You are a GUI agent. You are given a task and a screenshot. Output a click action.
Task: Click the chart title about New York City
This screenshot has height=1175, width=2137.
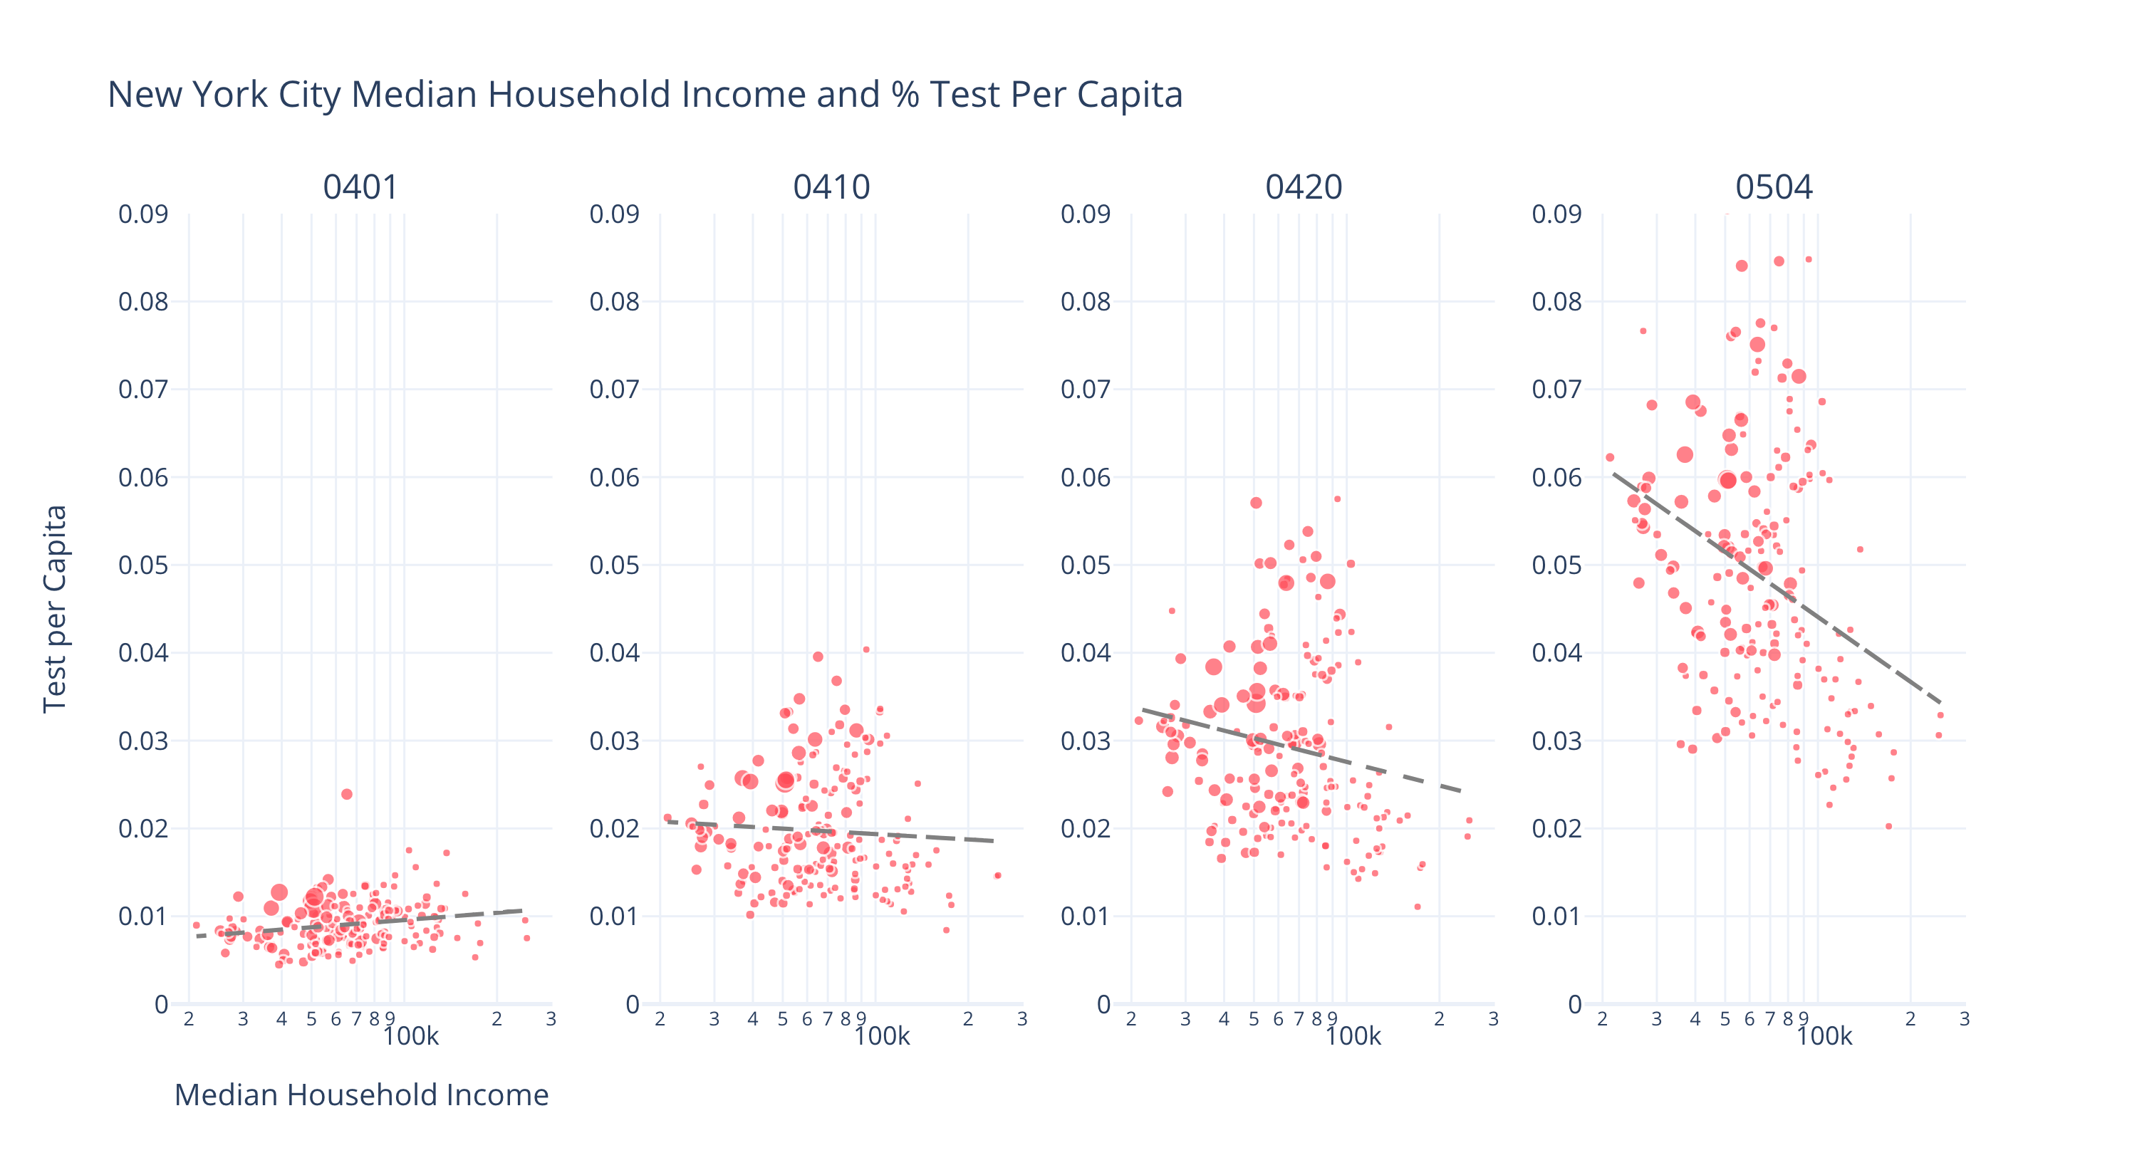coord(645,95)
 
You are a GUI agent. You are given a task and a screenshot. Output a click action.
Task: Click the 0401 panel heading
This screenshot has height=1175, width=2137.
coord(360,187)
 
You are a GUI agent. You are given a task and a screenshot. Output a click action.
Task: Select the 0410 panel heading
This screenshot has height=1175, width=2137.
coord(831,187)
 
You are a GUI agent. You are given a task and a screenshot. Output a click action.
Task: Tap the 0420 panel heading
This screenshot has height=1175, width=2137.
coord(1304,187)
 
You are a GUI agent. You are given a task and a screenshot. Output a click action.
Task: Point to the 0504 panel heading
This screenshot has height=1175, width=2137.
coord(1774,187)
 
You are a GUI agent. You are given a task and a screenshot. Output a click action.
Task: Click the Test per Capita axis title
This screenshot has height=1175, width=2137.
coord(55,609)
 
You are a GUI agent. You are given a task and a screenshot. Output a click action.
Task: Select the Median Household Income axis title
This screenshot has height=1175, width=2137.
coord(361,1095)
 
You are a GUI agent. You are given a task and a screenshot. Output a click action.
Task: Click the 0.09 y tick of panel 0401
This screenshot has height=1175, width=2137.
coord(142,215)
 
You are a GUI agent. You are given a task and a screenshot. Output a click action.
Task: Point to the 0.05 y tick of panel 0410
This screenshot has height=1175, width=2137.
coord(614,565)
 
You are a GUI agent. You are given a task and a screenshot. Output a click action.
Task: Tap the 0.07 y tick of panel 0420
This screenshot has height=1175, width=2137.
coord(1085,390)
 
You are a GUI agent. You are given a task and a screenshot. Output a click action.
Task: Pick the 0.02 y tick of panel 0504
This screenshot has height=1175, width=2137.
coord(1556,828)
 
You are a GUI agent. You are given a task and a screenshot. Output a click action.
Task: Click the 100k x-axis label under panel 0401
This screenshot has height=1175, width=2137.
coord(410,1037)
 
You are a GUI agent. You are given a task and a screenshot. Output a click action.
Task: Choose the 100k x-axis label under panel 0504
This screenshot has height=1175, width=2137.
coord(1824,1037)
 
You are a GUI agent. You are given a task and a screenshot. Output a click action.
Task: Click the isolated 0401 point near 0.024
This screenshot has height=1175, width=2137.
coord(347,795)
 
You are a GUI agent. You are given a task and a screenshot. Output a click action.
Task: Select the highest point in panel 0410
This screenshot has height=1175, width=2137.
coord(866,650)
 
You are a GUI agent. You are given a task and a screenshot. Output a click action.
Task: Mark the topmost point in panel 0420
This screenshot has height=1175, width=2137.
coord(1337,499)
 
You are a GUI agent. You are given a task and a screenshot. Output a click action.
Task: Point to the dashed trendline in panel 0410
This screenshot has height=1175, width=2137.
coord(830,831)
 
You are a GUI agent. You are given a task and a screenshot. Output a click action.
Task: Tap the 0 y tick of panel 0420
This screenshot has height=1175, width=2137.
coord(1103,1004)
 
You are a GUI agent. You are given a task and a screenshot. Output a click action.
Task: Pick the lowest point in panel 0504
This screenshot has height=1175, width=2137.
coord(1889,826)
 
